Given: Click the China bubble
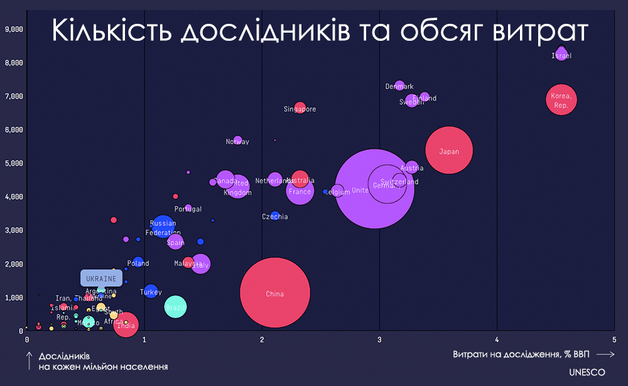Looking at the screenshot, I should [x=275, y=293].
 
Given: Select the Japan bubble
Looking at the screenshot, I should [x=448, y=151].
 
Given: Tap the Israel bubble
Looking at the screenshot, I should [x=561, y=54].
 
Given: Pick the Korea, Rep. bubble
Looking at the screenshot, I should [x=561, y=100].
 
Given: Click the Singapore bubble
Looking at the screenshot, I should [x=300, y=108].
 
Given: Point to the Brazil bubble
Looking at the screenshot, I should [x=176, y=306].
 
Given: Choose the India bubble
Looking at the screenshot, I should [x=126, y=324].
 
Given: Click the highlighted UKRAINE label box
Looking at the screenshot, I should [x=101, y=278].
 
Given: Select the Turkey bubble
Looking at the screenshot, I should [x=151, y=291].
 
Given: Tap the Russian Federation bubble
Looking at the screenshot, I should [x=163, y=227].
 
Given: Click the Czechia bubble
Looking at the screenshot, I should [x=275, y=216].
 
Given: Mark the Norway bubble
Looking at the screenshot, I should [x=237, y=141].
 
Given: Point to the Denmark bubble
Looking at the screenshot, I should [x=399, y=86].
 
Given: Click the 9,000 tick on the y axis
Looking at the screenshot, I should [x=14, y=29].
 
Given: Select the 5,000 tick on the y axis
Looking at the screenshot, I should [x=14, y=163].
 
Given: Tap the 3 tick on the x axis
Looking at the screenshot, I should [x=379, y=340].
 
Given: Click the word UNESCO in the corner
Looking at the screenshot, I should [x=587, y=372].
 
